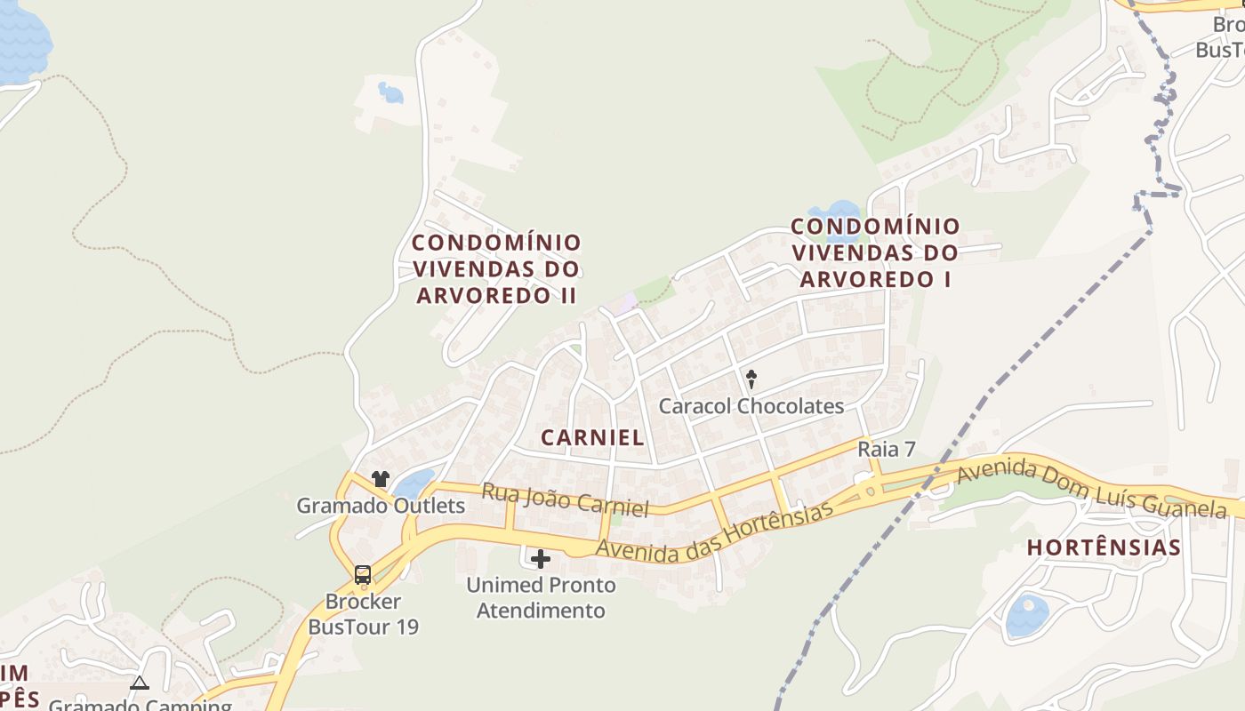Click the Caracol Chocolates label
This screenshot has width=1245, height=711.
coord(751,406)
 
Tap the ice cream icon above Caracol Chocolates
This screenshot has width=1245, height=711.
coord(751,379)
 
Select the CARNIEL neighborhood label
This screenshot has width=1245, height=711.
coord(592,437)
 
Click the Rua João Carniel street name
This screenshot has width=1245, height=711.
coord(565,499)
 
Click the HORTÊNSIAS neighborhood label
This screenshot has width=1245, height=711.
coord(1104,547)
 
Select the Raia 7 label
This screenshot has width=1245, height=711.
coord(886,450)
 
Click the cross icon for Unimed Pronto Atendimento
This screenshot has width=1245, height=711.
coord(540,559)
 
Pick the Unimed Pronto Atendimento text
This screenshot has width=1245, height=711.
coord(542,598)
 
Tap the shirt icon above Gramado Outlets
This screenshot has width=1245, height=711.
coord(381,479)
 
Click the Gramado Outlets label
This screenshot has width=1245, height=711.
coord(381,506)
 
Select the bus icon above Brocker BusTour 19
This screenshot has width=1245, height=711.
coord(363,575)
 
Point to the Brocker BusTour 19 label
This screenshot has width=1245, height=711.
coord(363,614)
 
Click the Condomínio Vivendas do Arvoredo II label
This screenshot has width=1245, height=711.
coord(497,268)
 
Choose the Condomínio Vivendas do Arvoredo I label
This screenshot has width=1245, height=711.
coord(875,252)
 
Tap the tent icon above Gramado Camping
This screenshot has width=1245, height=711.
coord(140,683)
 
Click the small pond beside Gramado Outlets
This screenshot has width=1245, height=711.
coord(414,483)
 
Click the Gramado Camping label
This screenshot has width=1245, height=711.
coord(140,705)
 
